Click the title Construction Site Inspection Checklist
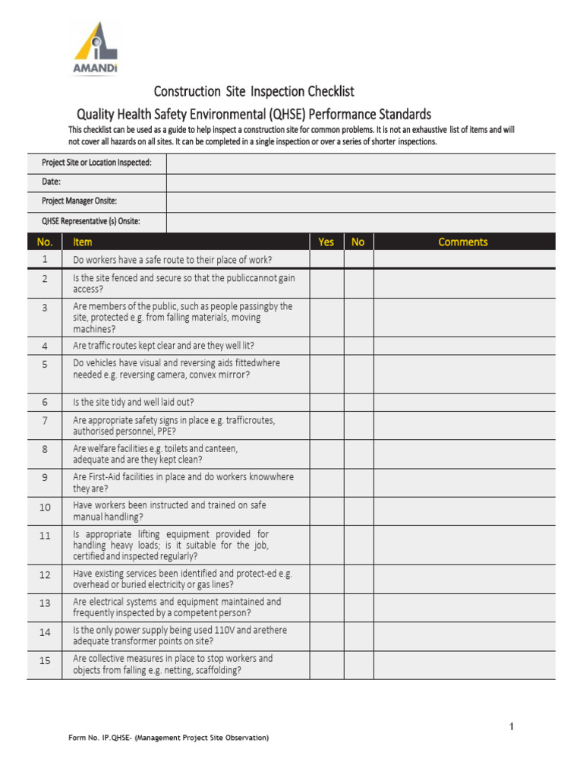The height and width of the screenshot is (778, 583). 254,92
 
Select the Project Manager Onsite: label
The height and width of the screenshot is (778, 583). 80,201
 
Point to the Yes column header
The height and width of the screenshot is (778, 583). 326,242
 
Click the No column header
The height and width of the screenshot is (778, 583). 358,242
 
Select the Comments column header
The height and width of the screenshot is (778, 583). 463,242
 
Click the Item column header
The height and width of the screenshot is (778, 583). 83,242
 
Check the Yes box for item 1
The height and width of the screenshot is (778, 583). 326,260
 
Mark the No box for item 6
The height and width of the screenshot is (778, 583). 358,402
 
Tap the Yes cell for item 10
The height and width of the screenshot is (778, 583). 326,511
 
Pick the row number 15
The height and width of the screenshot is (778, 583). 45,661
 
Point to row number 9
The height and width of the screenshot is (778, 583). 45,478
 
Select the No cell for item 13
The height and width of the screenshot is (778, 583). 358,607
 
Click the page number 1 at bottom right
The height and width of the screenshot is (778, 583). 512,727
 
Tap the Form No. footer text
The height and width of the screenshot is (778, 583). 169,738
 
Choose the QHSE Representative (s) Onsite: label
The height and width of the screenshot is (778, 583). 91,221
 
